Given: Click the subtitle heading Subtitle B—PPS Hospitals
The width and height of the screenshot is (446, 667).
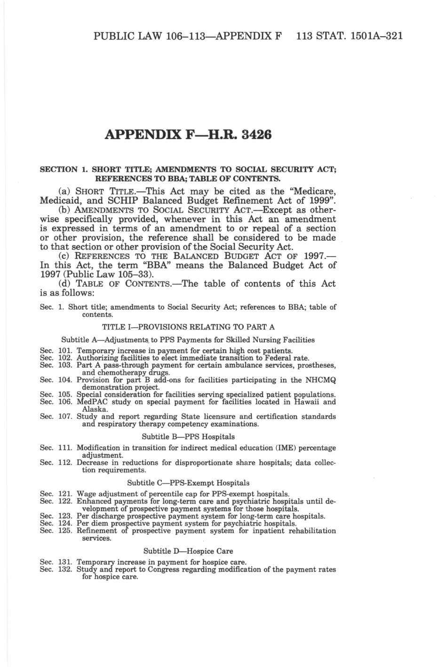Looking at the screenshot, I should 188,437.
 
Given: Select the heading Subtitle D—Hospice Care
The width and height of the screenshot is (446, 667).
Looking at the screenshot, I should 188,550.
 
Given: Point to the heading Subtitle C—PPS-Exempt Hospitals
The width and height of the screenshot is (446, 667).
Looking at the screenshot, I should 188,483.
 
